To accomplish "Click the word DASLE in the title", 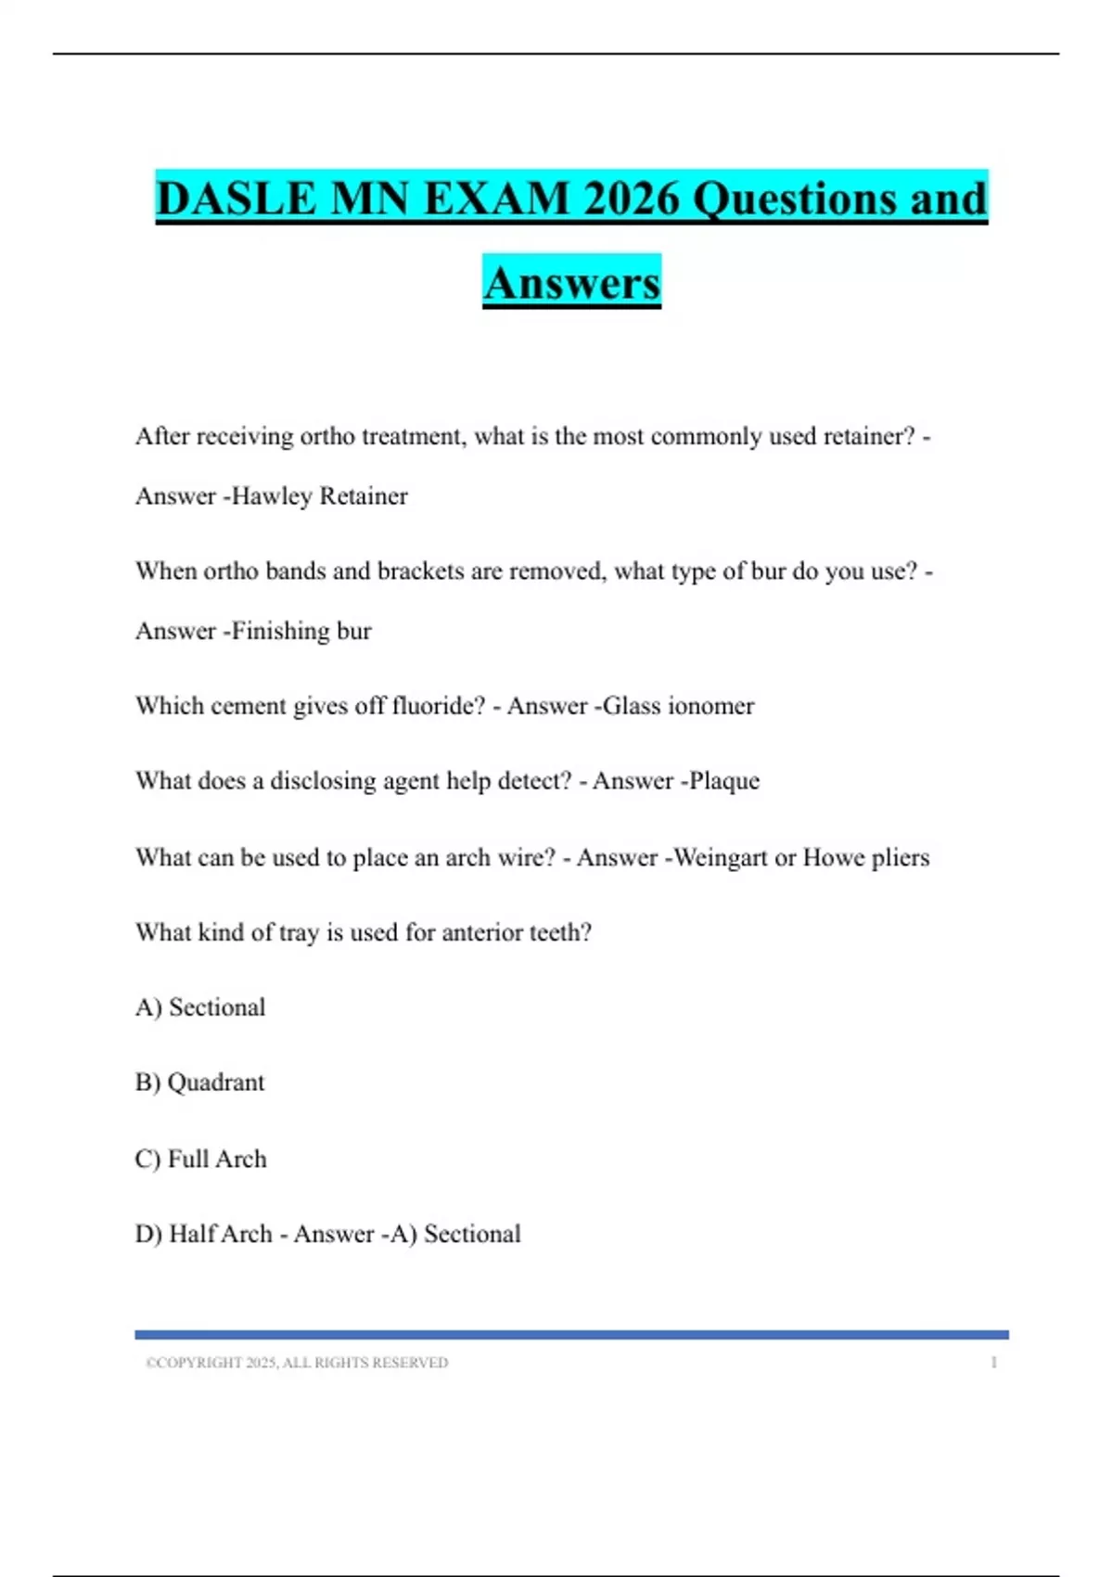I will click(x=236, y=199).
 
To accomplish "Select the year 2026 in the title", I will click(x=631, y=199).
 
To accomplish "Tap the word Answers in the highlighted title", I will click(x=571, y=283).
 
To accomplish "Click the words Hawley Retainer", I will click(x=319, y=496).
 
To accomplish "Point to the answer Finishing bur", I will click(x=301, y=631).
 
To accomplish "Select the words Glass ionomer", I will click(x=678, y=706).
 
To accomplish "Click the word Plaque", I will click(x=723, y=781).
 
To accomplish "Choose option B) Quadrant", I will click(x=200, y=1083).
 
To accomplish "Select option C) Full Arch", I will click(x=201, y=1159).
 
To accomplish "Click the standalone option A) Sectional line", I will click(x=200, y=1007).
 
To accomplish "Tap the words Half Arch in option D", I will click(x=221, y=1234).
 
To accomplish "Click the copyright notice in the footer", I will click(x=297, y=1363).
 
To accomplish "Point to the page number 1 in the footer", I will click(x=993, y=1363).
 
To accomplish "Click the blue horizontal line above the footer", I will click(x=571, y=1335).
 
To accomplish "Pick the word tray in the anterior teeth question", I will click(x=298, y=932).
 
